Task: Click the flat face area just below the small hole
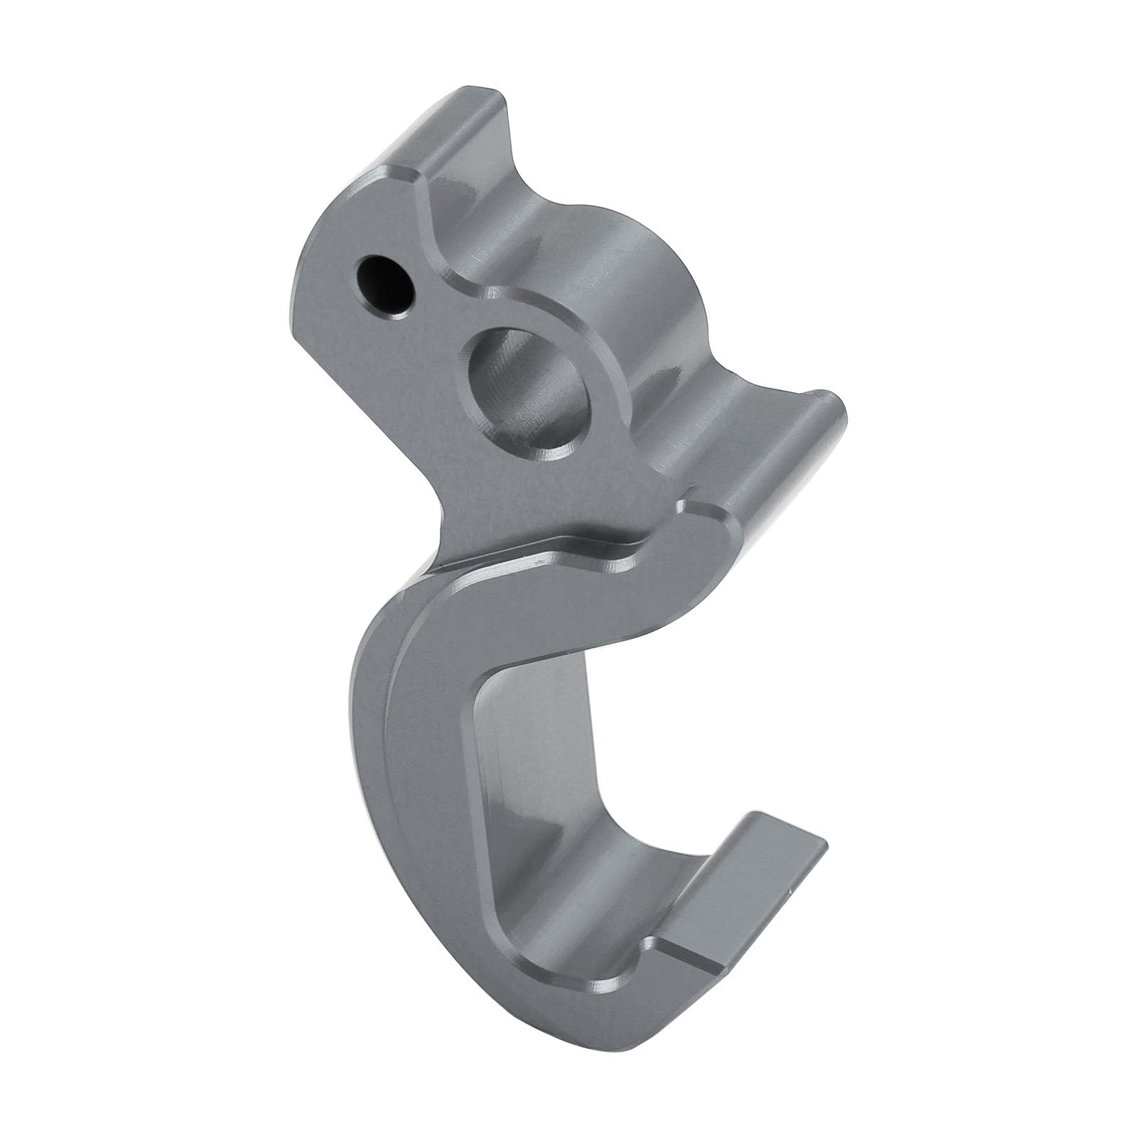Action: tap(384, 355)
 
